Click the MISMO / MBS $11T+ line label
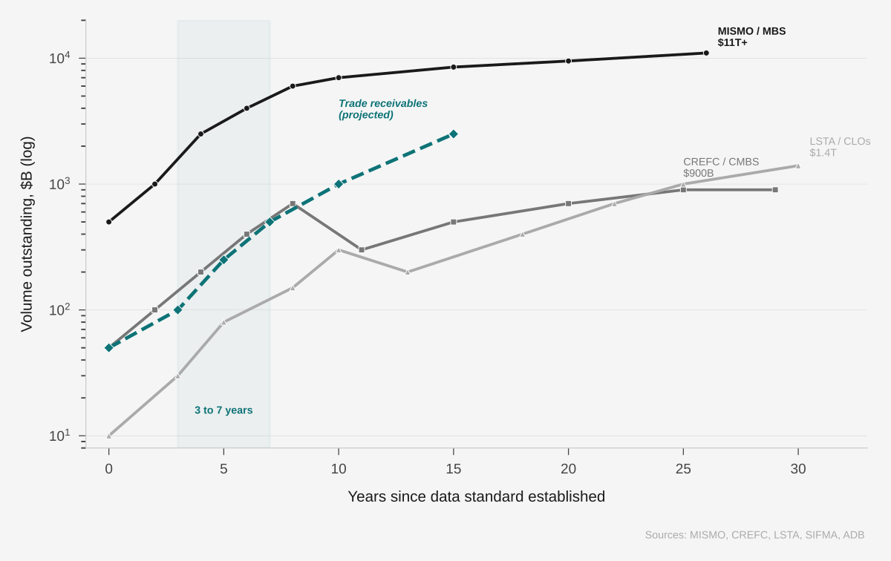click(751, 36)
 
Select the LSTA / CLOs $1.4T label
click(840, 147)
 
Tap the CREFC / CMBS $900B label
click(721, 167)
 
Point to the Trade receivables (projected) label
click(383, 109)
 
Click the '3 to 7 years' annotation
click(223, 410)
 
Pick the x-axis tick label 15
click(454, 469)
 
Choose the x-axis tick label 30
click(798, 469)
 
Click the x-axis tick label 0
click(109, 469)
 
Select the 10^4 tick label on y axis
click(59, 58)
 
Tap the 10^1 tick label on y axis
click(59, 436)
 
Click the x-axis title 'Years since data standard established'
click(476, 496)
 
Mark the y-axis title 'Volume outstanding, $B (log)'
click(27, 234)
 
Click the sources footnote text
click(754, 535)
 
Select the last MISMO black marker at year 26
click(706, 53)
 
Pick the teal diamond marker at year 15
click(454, 134)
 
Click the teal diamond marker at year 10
click(339, 184)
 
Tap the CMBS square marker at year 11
click(362, 250)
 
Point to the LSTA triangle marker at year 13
click(408, 272)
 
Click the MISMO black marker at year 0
click(109, 222)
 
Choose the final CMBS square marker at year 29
click(775, 190)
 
